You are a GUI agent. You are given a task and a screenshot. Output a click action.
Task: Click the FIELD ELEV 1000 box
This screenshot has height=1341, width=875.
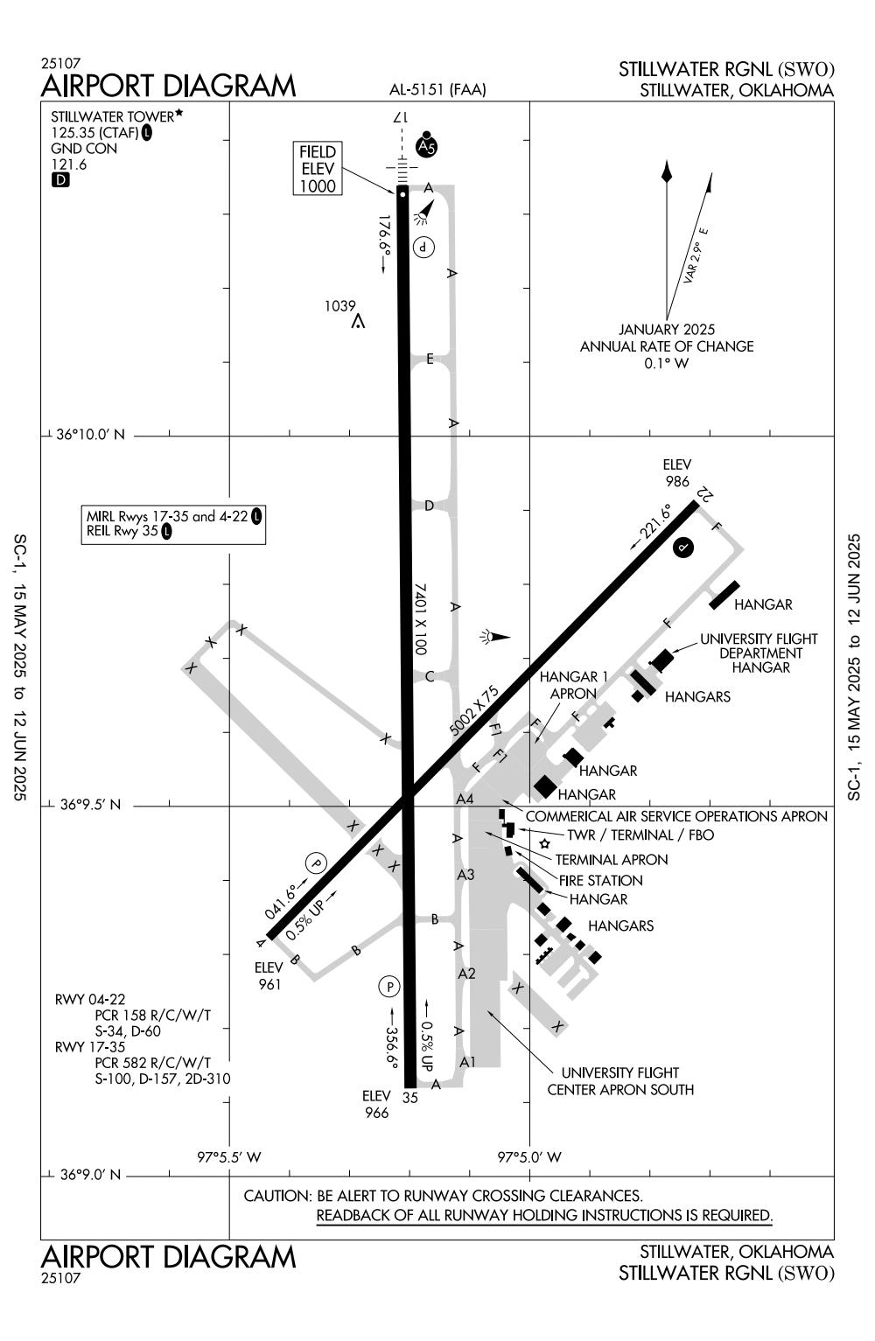[x=318, y=168]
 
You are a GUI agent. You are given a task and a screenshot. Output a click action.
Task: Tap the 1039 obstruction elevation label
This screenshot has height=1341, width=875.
[x=339, y=306]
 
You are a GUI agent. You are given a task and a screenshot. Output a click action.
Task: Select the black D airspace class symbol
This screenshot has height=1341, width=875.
[x=60, y=179]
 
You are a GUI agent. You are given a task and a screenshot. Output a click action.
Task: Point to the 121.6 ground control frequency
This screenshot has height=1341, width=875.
[x=69, y=164]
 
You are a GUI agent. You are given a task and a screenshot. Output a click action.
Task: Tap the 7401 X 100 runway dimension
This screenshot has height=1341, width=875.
[x=420, y=618]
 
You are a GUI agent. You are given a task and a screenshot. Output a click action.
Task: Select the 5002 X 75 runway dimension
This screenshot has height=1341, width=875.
[x=473, y=711]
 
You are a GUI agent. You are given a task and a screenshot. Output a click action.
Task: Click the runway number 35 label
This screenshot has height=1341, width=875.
[x=410, y=1097]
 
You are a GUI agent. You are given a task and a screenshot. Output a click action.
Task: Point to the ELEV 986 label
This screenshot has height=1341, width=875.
[x=676, y=472]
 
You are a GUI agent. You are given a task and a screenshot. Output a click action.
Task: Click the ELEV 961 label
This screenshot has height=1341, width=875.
[x=269, y=975]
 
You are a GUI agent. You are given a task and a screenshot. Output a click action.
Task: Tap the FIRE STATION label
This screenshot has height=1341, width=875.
[x=601, y=880]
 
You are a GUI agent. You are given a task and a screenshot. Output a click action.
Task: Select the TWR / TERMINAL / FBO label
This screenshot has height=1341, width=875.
[x=640, y=835]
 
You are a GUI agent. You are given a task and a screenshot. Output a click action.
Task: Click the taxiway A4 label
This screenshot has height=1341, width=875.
[x=465, y=799]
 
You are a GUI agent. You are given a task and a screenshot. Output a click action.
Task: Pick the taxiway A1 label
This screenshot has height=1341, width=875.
[x=468, y=1061]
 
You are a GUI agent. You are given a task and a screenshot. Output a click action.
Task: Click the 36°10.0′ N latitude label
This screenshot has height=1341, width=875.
[x=90, y=434]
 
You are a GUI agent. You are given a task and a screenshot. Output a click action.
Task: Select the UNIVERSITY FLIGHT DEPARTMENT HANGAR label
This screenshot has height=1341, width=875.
[x=759, y=653]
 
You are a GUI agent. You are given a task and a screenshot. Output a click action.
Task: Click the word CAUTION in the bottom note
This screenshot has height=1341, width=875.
[x=277, y=1196]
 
